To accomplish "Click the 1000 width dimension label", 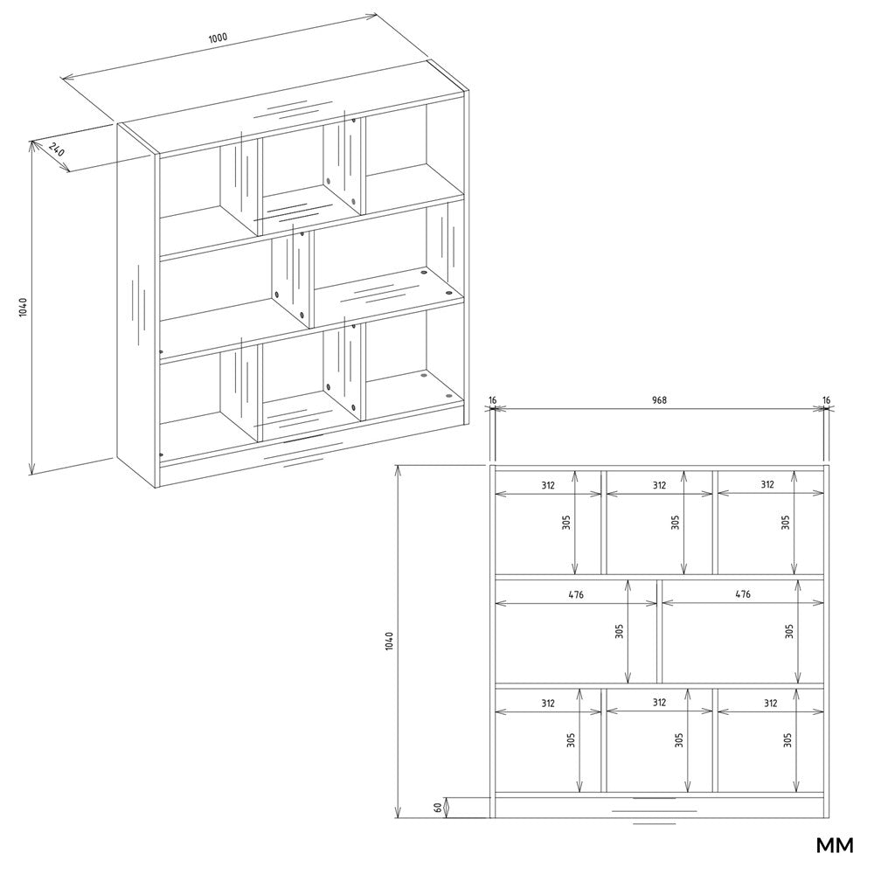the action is (x=218, y=38).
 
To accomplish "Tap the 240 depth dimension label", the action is (x=57, y=149).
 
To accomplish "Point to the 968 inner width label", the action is (x=659, y=399).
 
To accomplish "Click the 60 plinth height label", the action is (x=438, y=807).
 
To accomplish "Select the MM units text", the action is (x=835, y=845).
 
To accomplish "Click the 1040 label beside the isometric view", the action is (x=23, y=307).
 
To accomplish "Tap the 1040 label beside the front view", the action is (x=389, y=641).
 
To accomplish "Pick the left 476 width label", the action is (x=576, y=594).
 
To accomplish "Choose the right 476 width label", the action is (x=743, y=594).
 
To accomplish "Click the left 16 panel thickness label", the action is (x=492, y=399).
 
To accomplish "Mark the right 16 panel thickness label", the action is (x=826, y=399).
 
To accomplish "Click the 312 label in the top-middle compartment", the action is (x=659, y=485).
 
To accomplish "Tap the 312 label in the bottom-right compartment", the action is (x=770, y=703).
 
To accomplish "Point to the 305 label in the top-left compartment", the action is (x=566, y=523).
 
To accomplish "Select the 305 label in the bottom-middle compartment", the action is (x=679, y=739).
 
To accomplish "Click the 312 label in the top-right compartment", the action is (x=767, y=484).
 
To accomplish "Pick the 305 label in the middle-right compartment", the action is (x=789, y=630).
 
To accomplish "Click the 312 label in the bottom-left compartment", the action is (x=548, y=703).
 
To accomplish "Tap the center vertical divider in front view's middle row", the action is (x=659, y=631).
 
